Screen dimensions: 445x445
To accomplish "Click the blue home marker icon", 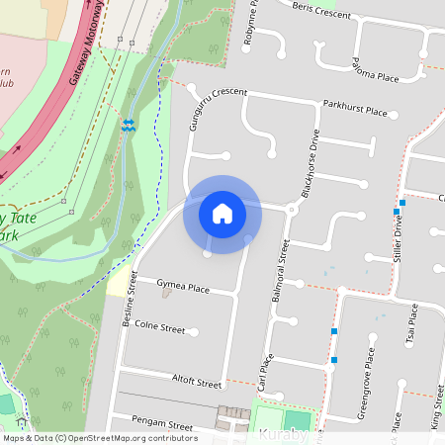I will click(222, 213).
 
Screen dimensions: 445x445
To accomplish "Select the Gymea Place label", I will click(183, 288).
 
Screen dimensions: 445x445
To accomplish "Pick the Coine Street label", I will click(160, 326).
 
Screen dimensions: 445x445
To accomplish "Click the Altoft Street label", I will click(196, 381).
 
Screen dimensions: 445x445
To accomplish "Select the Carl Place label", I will click(264, 375).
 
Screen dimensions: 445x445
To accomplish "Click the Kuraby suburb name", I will click(283, 435).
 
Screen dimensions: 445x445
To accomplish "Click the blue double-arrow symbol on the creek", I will click(129, 125).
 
